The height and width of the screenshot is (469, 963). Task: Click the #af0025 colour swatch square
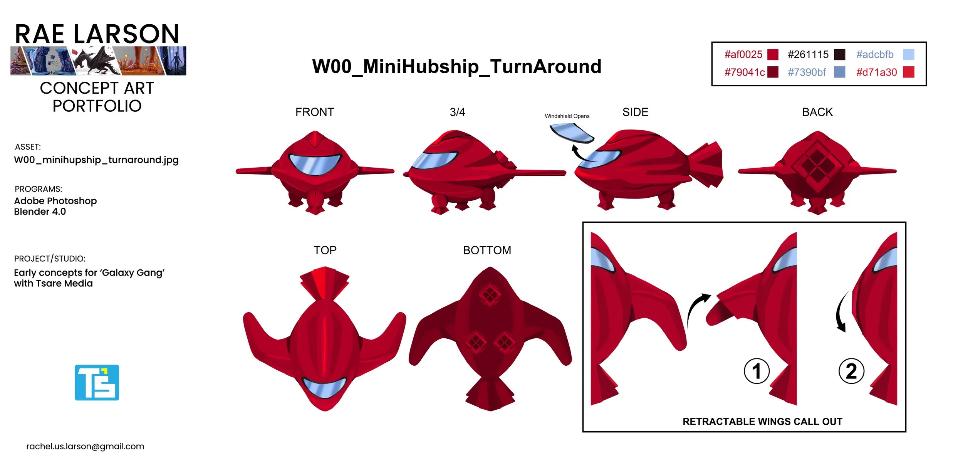(773, 55)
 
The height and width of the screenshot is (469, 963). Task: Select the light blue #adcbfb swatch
(908, 55)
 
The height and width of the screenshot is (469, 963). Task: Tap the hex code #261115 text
(808, 55)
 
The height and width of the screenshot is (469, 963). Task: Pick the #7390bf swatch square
(839, 72)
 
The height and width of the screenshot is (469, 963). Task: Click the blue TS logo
(97, 383)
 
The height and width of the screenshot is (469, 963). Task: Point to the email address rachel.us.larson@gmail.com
(85, 446)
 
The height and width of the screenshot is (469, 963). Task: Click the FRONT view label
(315, 112)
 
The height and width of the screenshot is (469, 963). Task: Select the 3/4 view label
(457, 112)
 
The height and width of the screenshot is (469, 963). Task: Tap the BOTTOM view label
(487, 250)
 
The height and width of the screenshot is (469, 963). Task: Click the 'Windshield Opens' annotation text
(567, 116)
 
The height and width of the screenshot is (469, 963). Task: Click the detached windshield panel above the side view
(571, 132)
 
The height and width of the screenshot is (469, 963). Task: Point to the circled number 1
(757, 371)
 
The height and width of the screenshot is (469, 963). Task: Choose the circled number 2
(851, 371)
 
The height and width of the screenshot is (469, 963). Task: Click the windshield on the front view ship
(315, 163)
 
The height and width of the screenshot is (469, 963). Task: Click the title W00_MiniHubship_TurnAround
(457, 66)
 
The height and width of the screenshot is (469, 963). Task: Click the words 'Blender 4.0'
(40, 212)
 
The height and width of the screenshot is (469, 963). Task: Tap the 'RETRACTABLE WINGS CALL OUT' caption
(762, 422)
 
